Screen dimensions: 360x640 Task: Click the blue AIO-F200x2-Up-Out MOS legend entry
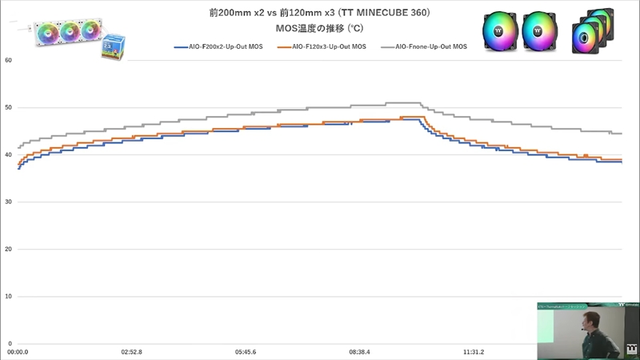coord(220,48)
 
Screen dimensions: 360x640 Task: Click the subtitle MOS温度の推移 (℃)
coord(319,28)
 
